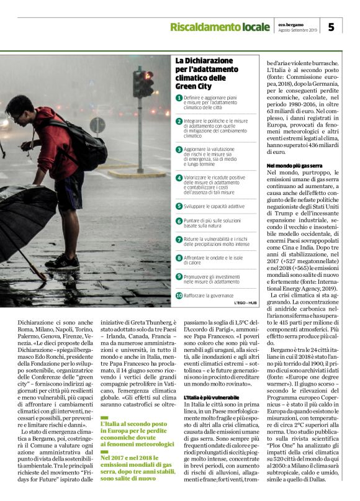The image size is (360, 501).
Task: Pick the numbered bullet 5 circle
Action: (179, 205)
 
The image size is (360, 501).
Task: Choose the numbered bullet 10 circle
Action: (179, 296)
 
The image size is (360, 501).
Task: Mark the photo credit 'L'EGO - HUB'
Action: (246, 303)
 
